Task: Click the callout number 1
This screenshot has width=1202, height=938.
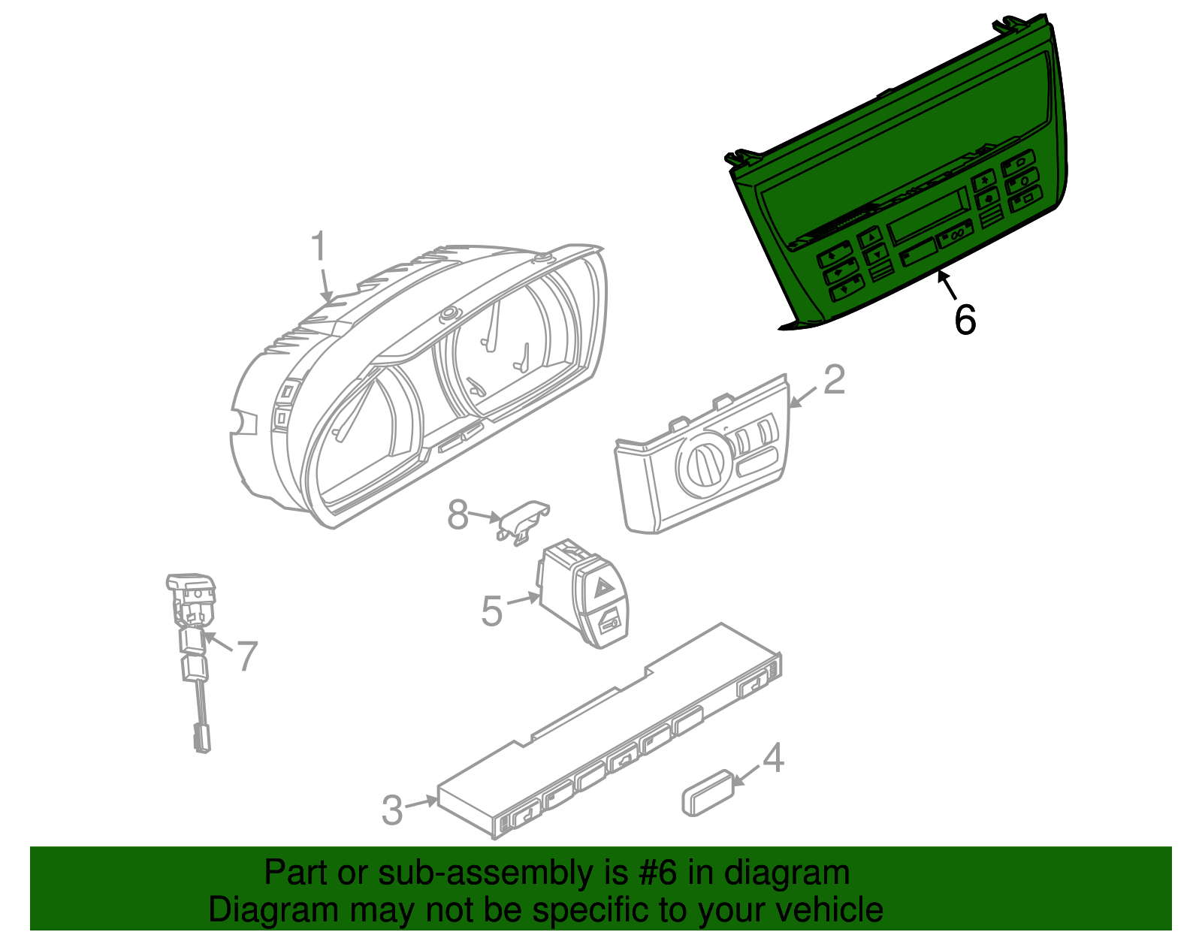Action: click(x=319, y=246)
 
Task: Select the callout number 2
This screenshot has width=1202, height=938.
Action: click(x=835, y=380)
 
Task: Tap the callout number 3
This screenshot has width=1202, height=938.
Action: click(x=393, y=810)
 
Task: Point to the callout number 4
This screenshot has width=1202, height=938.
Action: click(x=773, y=758)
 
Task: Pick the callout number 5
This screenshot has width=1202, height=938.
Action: click(x=492, y=611)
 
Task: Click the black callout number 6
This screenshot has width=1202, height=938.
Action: click(x=965, y=319)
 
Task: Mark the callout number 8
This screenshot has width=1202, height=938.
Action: click(x=458, y=514)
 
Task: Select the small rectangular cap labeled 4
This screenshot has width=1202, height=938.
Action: click(x=708, y=793)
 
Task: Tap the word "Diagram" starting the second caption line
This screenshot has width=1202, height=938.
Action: click(x=273, y=910)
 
